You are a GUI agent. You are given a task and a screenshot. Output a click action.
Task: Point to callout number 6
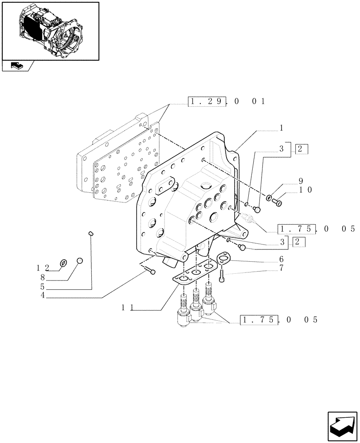pyautogui.click(x=281, y=259)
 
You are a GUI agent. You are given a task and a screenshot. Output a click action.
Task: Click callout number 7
pyautogui.click(x=281, y=268)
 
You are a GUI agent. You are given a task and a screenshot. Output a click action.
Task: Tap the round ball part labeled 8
pyautogui.click(x=80, y=261)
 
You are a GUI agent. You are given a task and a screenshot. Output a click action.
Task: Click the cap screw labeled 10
pyautogui.click(x=279, y=202)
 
